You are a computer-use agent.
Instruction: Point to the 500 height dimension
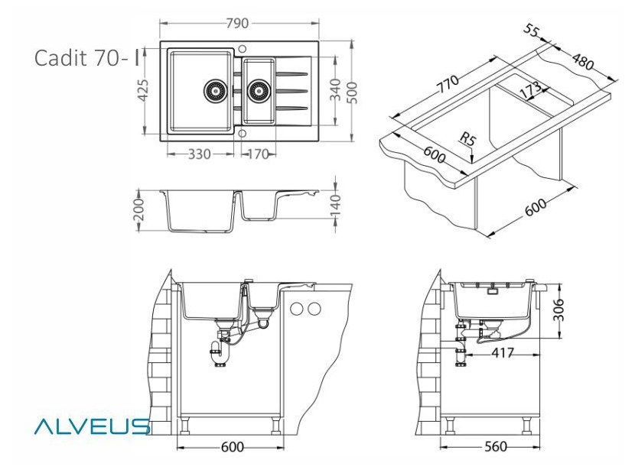click(x=353, y=92)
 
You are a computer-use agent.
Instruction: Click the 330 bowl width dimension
click(x=199, y=154)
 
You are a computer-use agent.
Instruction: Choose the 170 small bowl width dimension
click(x=258, y=154)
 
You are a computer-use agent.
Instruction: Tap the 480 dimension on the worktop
click(x=583, y=62)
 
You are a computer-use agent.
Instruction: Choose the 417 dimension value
click(x=501, y=353)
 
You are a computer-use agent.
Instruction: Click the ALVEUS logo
click(x=92, y=426)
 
